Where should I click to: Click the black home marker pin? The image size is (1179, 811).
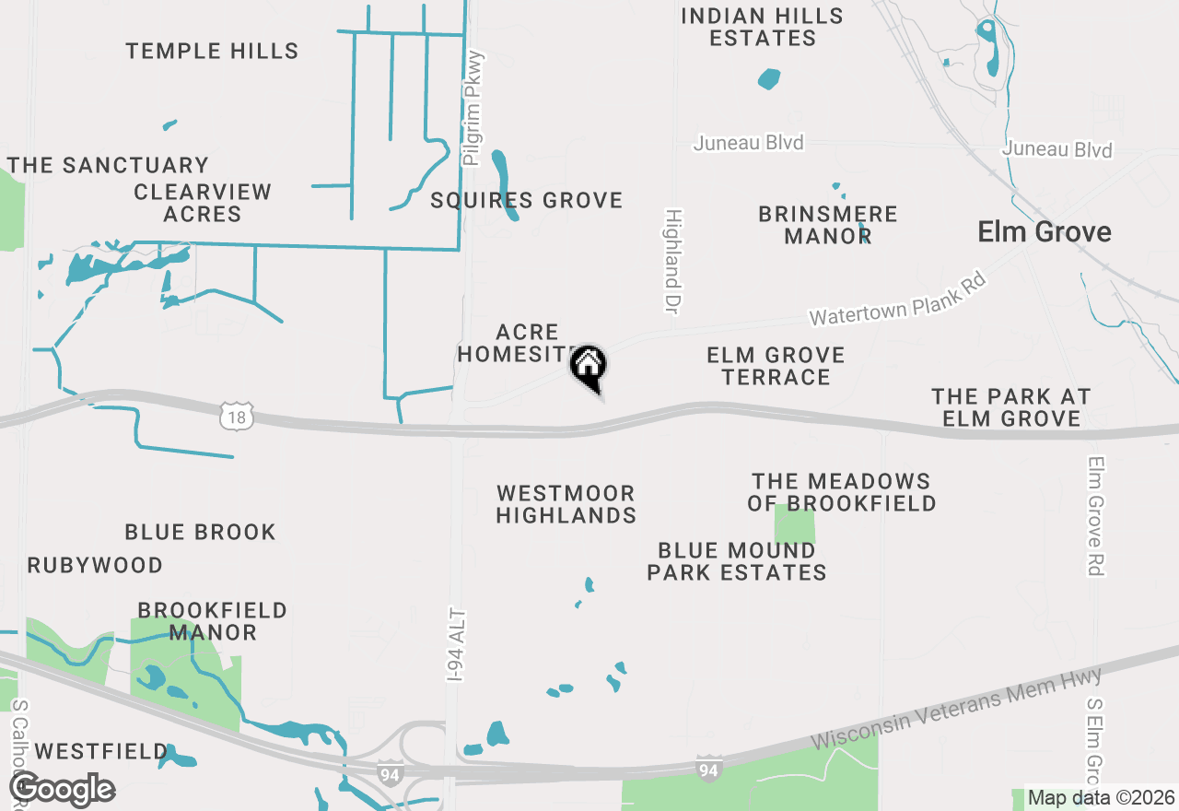pos(589,367)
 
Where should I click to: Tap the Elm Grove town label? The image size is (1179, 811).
pos(1045,231)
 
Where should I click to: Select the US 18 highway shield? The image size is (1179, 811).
pos(237,417)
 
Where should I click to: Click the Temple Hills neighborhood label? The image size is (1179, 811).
pos(212,51)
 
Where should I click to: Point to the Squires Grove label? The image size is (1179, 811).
pos(527,200)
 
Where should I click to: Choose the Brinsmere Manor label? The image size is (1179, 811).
pos(827,225)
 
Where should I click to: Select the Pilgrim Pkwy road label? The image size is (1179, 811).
pos(473,108)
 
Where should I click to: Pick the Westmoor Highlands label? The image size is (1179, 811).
pos(566,504)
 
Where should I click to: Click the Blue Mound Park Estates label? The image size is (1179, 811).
pos(736,561)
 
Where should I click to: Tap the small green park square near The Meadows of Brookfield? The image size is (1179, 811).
pos(795,523)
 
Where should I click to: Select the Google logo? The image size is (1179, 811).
pos(62,790)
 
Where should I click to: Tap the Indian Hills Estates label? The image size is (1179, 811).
pos(762,27)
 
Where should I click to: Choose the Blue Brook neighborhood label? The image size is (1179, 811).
pos(200,532)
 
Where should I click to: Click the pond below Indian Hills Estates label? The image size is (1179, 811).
pos(769,79)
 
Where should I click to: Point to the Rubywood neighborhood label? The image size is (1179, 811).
pos(95,565)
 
